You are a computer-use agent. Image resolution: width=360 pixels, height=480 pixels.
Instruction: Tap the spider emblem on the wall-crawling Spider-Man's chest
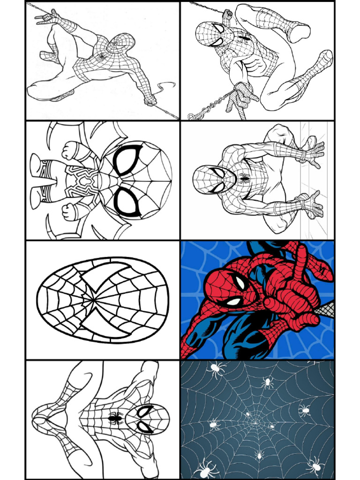point(244,178)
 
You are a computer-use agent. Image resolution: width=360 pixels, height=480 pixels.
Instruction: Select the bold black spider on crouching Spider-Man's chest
point(114,417)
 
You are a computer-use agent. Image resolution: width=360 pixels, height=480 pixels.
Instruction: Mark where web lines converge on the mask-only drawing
point(95,299)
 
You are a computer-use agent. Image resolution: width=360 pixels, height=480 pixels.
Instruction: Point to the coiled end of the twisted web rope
point(195,115)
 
